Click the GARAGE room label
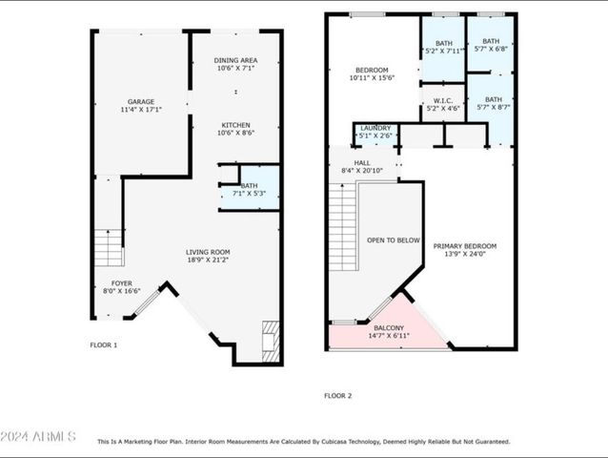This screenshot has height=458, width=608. pos(141,102)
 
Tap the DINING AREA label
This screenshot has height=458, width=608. pos(235,60)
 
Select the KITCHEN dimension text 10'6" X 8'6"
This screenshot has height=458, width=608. pos(235,133)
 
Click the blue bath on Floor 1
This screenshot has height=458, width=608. pos(260,188)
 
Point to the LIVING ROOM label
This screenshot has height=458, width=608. pos(208,252)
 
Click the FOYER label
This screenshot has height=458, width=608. pos(122,283)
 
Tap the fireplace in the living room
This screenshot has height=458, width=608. pos(271,342)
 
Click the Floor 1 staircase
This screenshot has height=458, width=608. pos(109,248)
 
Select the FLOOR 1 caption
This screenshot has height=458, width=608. pos(104,345)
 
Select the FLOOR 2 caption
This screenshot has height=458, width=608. pos(337,396)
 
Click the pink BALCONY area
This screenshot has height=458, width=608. pos(388,331)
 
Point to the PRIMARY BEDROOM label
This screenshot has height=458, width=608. pos(465,246)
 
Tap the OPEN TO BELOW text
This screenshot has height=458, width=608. pos(394,240)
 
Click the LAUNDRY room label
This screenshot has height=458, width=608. pos(375,128)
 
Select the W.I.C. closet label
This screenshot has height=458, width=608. pos(443,101)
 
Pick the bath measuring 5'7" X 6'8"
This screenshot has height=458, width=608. pos(491,44)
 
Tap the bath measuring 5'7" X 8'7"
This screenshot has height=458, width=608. pos(492,110)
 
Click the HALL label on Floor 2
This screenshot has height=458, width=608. pos(362,163)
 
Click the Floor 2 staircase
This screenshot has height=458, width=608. pos(343,227)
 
